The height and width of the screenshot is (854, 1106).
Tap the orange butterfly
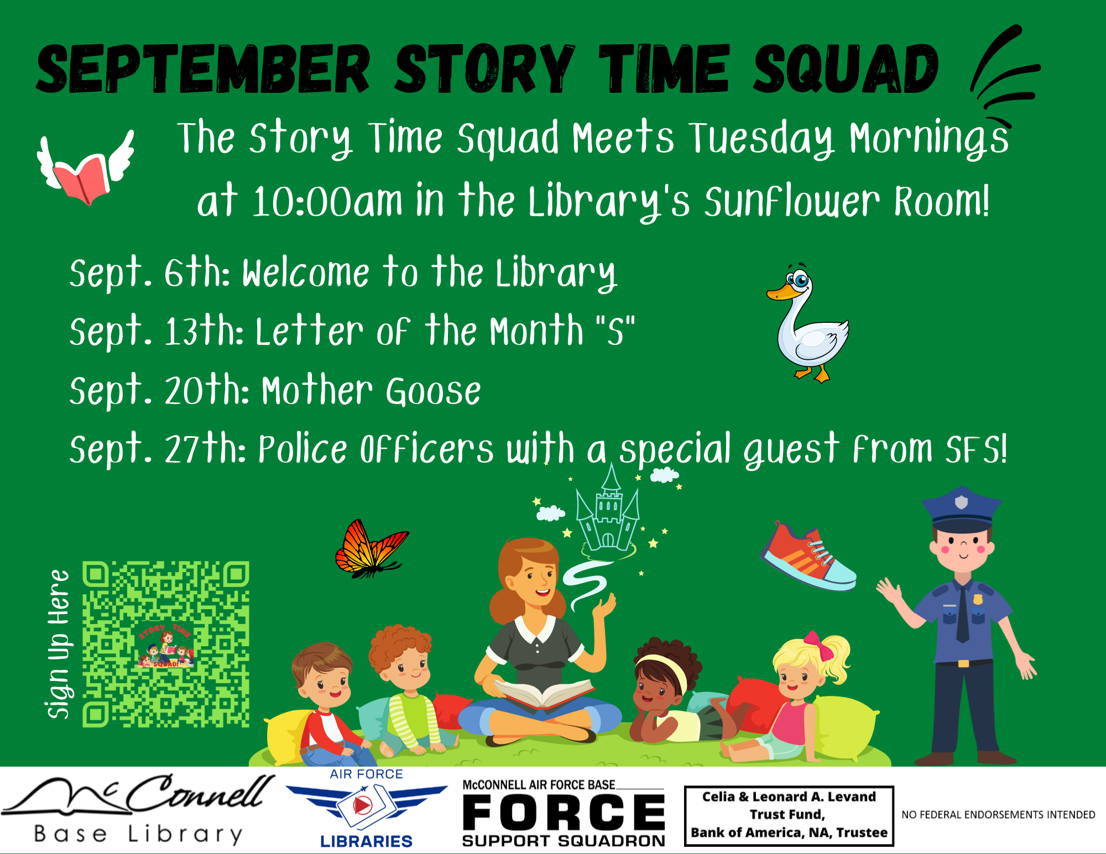click(371, 549)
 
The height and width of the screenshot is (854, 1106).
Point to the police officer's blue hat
click(962, 509)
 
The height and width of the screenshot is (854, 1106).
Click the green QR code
click(166, 644)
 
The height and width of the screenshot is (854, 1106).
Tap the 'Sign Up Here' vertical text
click(59, 644)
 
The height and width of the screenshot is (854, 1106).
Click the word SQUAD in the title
click(846, 69)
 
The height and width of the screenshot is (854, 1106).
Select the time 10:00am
click(327, 201)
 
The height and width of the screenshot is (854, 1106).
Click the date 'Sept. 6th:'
click(150, 273)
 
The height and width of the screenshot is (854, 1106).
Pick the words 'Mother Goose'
click(372, 391)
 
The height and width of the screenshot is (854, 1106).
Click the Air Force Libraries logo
click(366, 808)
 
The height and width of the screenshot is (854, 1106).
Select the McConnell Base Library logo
click(138, 809)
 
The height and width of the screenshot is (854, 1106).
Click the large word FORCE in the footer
click(564, 812)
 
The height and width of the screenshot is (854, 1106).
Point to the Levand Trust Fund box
click(789, 815)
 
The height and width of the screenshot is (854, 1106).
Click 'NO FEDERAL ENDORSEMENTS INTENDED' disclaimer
click(998, 815)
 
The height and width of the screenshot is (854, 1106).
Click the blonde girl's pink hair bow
click(818, 646)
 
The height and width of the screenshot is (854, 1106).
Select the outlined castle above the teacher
click(608, 511)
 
